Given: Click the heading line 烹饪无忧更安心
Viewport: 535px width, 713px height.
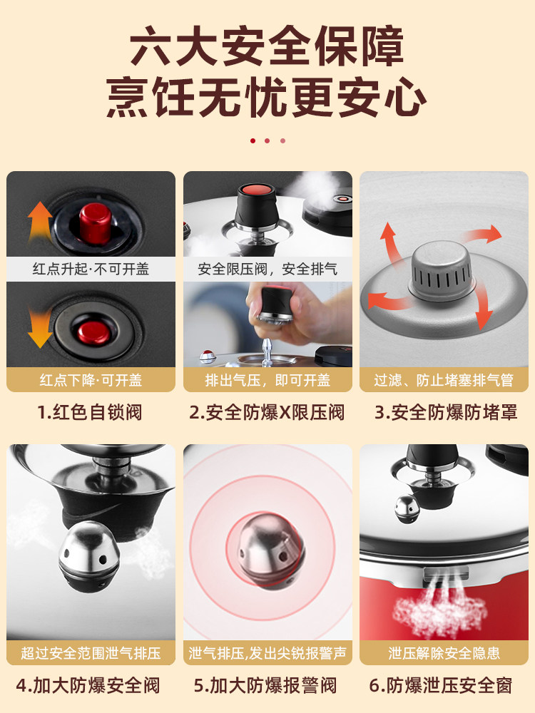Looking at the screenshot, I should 267,96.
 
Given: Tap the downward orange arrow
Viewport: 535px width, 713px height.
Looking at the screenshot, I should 41,329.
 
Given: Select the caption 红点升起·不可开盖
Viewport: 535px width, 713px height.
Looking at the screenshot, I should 91,269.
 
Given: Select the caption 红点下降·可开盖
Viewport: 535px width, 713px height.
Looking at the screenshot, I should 91,379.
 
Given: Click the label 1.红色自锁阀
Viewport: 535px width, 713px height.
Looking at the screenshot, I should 91,412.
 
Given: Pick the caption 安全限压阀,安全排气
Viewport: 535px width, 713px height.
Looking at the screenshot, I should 267,269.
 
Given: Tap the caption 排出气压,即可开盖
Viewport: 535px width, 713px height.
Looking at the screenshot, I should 267,379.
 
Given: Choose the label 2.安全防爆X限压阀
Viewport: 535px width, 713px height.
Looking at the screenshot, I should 267,412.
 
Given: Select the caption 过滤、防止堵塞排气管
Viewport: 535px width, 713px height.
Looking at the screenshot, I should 444,379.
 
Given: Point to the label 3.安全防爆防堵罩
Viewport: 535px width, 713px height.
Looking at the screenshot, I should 444,412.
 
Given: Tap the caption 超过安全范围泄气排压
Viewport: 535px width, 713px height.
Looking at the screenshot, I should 91,652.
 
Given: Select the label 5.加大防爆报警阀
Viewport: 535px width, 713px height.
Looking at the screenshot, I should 267,686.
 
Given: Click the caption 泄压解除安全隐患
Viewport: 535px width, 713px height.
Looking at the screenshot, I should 444,652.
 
